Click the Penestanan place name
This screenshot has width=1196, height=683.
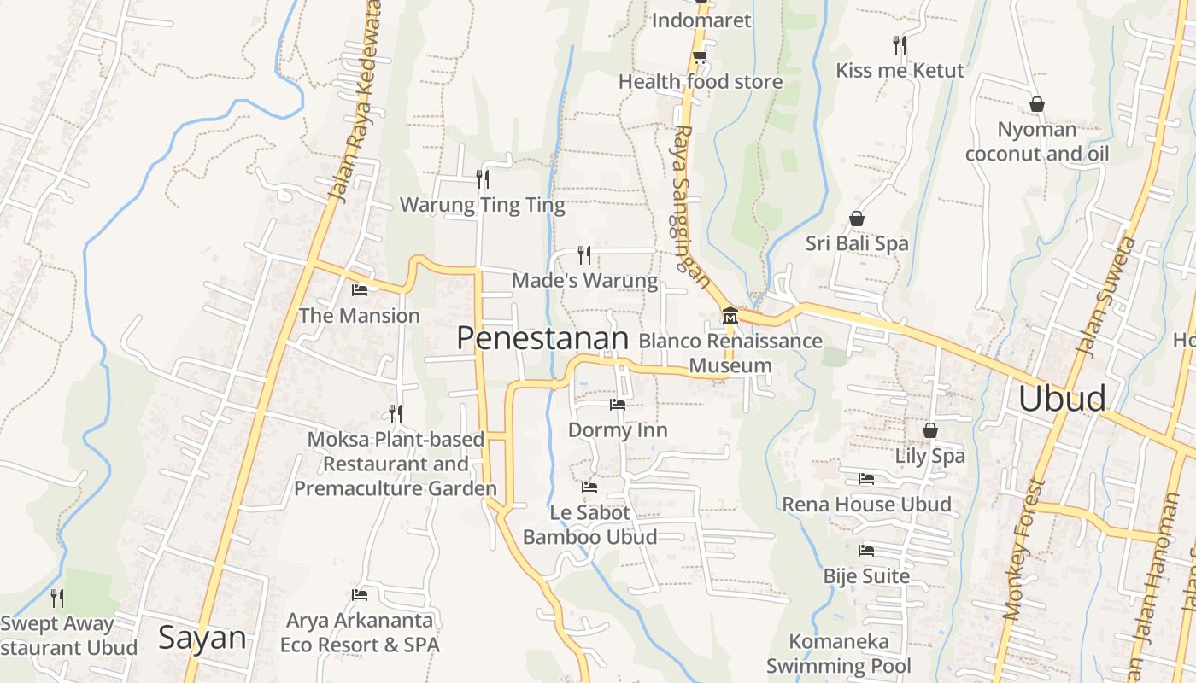(542, 339)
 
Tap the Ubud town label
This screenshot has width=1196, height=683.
(1062, 399)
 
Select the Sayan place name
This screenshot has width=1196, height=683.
(202, 639)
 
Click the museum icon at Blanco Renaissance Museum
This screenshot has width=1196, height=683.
(730, 316)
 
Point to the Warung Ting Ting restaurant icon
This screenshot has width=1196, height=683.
(483, 178)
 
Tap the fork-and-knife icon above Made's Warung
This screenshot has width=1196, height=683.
(584, 254)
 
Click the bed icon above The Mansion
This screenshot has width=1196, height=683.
(360, 290)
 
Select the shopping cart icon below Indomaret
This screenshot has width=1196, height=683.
(700, 56)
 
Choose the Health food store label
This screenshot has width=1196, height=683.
(701, 82)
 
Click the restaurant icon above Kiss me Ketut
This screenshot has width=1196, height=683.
(899, 44)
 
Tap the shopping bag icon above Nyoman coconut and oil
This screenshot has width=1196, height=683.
(1036, 104)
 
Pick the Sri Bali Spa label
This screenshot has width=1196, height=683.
(857, 244)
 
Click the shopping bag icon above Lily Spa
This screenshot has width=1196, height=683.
(930, 430)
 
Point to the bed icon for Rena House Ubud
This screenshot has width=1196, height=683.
(866, 479)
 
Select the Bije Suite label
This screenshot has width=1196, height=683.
(866, 576)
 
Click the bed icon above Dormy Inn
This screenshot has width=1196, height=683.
(618, 405)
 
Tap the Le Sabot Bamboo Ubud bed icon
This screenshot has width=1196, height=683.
(589, 487)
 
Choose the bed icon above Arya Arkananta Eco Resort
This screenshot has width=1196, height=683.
(360, 594)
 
